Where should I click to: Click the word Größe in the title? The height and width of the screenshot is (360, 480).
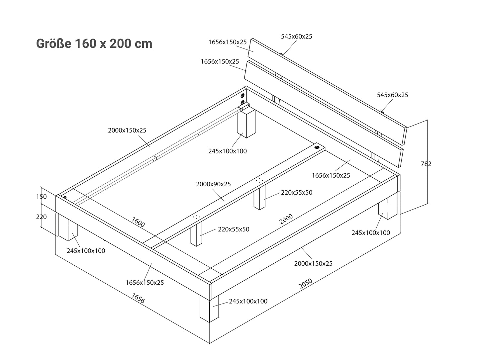click(x=53, y=44)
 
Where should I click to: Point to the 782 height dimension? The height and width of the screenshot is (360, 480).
click(x=426, y=164)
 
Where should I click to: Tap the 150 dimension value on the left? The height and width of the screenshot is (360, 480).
click(x=41, y=197)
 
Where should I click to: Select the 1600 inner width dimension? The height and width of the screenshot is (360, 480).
click(x=138, y=222)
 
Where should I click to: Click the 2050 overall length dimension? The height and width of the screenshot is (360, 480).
click(x=305, y=284)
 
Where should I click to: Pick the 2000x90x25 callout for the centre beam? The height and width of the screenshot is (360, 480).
click(x=213, y=184)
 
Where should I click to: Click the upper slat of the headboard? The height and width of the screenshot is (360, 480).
click(x=327, y=92)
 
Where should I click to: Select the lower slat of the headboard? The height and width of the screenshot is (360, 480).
click(x=324, y=114)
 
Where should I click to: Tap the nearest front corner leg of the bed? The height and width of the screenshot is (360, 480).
click(x=209, y=309)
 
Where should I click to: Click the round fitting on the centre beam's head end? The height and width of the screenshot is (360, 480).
click(x=317, y=147)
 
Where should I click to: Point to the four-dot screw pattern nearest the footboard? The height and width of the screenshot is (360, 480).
click(x=196, y=217)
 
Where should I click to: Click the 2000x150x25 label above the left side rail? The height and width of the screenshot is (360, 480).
click(x=127, y=130)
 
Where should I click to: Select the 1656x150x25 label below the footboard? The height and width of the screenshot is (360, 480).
click(x=144, y=283)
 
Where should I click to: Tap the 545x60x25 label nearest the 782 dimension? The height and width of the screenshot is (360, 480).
click(x=392, y=95)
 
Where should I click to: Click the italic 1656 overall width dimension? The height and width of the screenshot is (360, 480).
click(x=138, y=298)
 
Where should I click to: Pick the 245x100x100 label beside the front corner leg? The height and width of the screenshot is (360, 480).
click(x=248, y=301)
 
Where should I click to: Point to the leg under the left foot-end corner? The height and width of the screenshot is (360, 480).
click(x=68, y=227)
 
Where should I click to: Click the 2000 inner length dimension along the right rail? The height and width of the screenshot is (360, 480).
click(x=286, y=219)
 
